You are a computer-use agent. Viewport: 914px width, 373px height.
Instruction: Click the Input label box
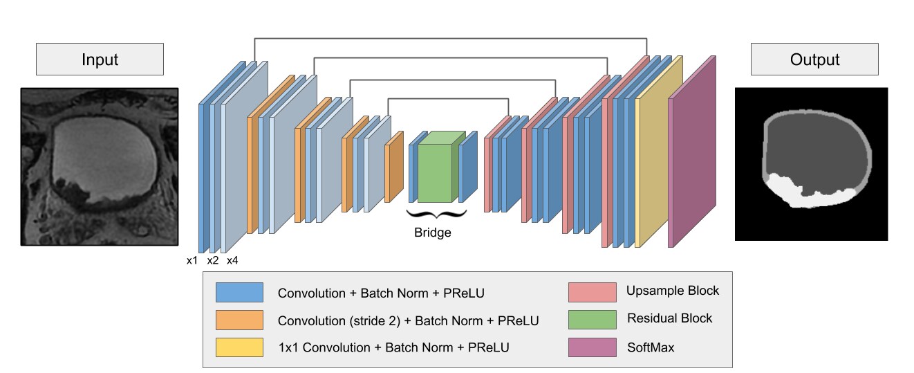100,59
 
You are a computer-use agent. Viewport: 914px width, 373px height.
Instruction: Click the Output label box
814,59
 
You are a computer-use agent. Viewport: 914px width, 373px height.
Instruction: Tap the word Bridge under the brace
432,233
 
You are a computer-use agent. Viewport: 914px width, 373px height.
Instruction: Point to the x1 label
192,261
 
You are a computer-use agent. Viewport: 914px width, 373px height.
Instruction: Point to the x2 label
212,261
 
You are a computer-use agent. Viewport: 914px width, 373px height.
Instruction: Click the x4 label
232,261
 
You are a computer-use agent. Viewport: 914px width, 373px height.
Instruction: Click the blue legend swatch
239,293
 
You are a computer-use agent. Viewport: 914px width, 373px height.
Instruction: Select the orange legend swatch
239,320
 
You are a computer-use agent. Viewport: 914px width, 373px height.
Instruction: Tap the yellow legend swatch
239,347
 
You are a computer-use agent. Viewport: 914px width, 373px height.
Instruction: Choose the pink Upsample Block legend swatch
593,291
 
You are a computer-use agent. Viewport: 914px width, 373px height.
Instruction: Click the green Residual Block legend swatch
593,319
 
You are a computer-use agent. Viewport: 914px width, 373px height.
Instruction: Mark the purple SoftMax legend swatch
593,347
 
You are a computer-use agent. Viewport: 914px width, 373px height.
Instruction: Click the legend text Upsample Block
672,291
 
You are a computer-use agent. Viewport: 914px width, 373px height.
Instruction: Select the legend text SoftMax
651,347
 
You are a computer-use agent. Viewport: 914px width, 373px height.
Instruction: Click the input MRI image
100,166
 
